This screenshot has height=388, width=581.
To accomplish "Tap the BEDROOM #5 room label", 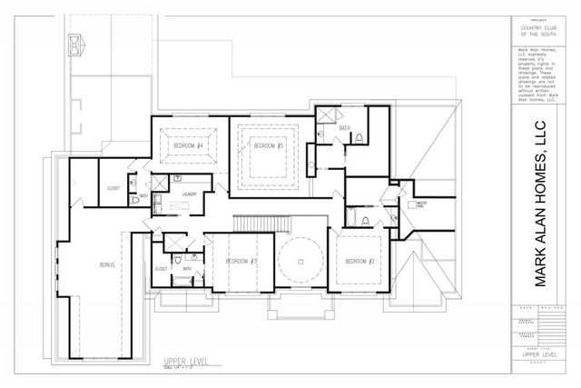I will coord(270,145).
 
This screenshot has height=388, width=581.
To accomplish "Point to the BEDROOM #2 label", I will coord(360,262).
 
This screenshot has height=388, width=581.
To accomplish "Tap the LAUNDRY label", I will coord(189,194).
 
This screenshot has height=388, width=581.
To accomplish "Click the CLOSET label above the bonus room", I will coord(113,188).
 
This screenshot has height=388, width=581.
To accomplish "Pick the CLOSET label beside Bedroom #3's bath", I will coord(161,269).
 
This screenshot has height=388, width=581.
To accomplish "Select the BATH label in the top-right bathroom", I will coord(345,128).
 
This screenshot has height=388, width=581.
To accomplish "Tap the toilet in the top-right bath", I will coord(360,139).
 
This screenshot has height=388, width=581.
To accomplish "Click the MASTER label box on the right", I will coord(421,204).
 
